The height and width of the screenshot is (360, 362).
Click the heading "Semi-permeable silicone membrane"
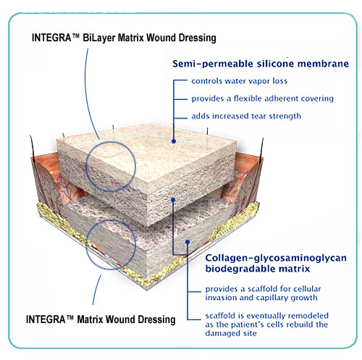tap(261, 64)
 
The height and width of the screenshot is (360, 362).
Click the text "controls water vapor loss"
tap(240, 81)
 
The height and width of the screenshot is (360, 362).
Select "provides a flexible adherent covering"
tap(262, 99)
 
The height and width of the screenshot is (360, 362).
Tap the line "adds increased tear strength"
tap(246, 116)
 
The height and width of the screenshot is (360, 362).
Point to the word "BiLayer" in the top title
tap(99, 38)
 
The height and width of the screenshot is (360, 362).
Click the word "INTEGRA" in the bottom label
tap(46, 319)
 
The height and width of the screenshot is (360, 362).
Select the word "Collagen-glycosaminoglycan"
tap(276, 258)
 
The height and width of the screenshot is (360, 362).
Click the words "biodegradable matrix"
tap(258, 269)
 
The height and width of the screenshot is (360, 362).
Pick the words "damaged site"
tap(231, 333)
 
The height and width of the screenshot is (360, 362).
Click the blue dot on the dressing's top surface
tap(174, 141)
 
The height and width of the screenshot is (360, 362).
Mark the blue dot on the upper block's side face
tap(173, 200)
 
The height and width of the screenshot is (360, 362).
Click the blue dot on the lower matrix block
tap(188, 242)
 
